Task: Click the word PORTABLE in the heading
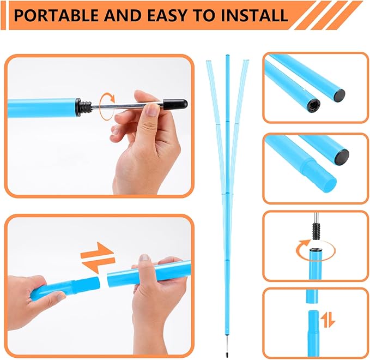click(x=56, y=15)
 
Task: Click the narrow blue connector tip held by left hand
click(x=87, y=284)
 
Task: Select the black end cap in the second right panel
click(x=342, y=157)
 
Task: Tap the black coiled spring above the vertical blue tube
click(x=316, y=231)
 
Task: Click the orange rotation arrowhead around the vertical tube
click(x=305, y=243)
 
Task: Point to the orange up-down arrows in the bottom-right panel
click(x=327, y=320)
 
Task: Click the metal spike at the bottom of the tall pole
click(x=227, y=347)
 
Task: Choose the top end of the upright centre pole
click(x=227, y=55)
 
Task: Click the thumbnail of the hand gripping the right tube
click(x=144, y=258)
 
